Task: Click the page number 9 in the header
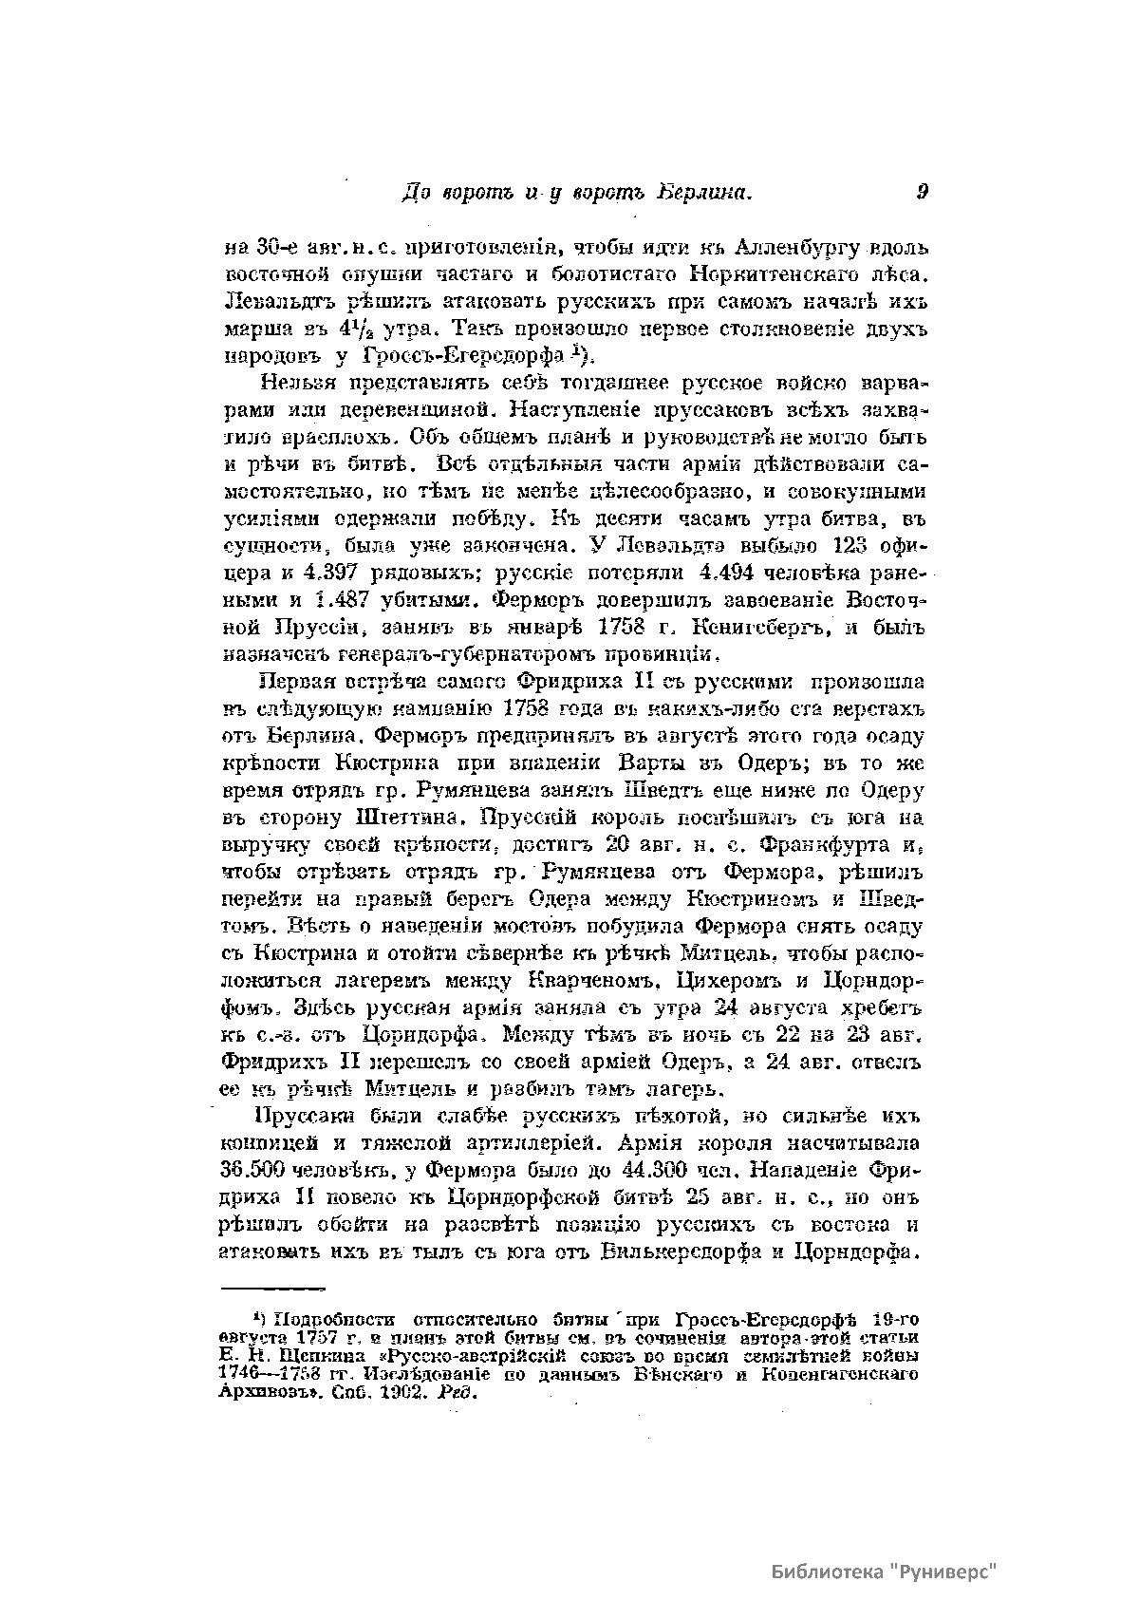click(x=923, y=192)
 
